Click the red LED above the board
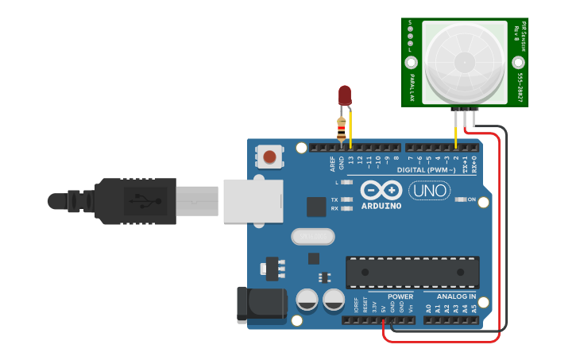pos(345,95)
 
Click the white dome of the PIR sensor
pos(465,60)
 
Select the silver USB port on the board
pos(253,200)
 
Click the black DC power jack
pos(261,304)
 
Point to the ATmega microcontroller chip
pos(412,272)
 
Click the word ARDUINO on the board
pos(381,206)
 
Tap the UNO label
pos(429,191)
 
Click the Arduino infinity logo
pos(381,191)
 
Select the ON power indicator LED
pos(461,199)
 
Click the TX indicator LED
pos(346,199)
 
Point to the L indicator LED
pos(346,182)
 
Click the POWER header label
pos(400,296)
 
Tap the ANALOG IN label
pos(455,296)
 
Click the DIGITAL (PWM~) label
pos(426,170)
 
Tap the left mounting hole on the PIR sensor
pos(412,62)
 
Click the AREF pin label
pos(333,163)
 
